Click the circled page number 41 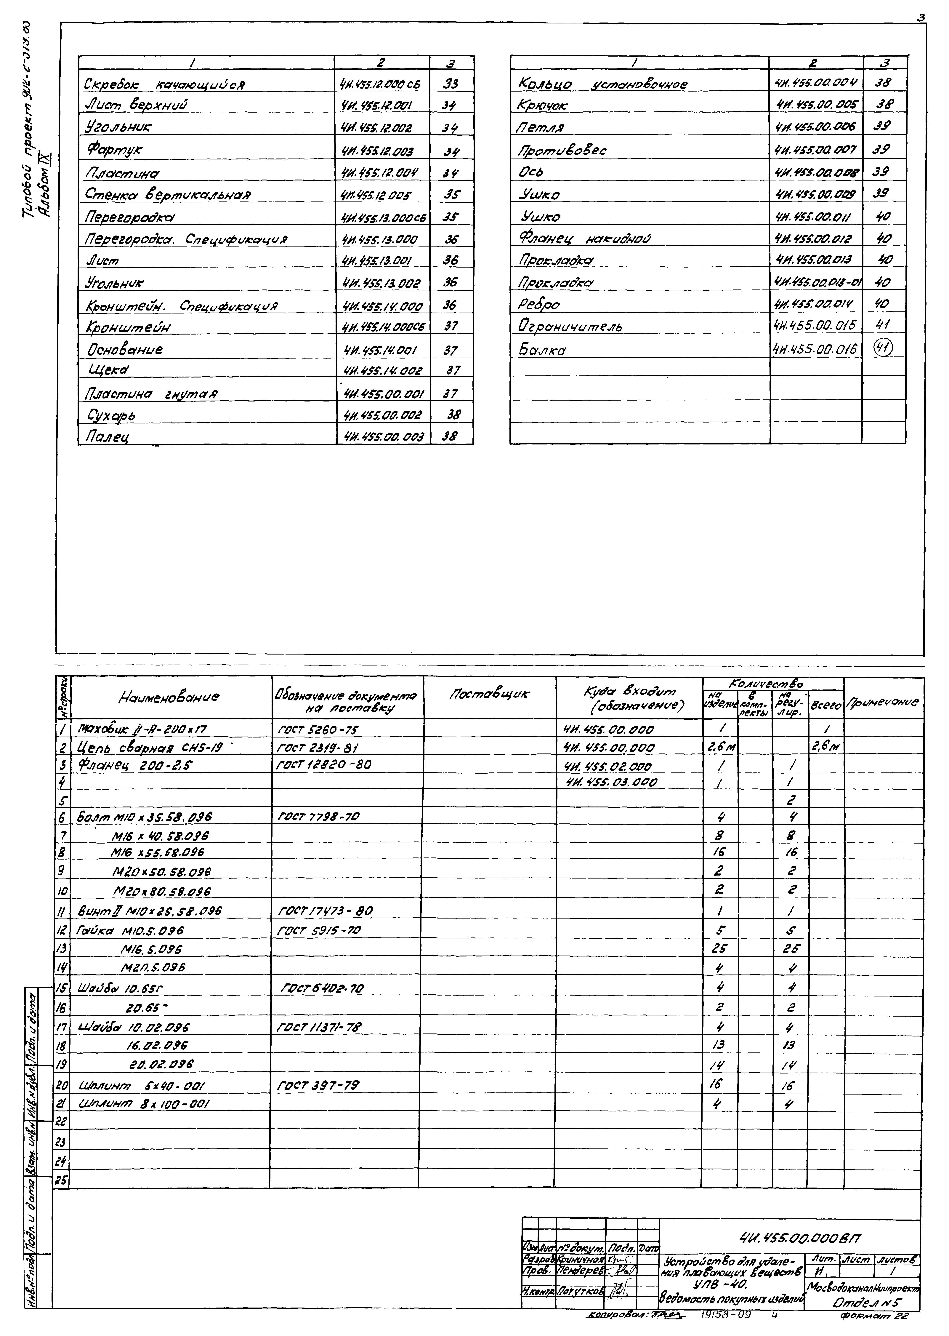(x=882, y=348)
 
